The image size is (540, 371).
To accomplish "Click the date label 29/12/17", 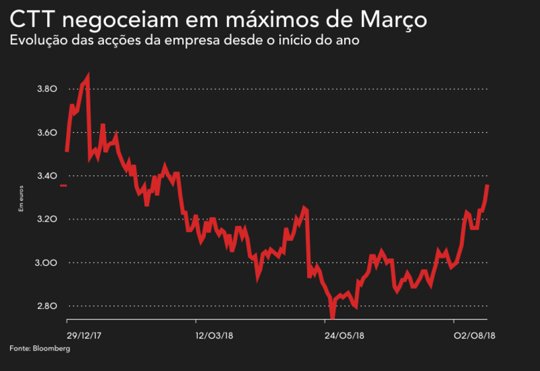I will [83, 336].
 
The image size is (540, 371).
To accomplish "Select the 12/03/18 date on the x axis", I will [213, 336].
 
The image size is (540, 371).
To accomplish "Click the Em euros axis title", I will [21, 199].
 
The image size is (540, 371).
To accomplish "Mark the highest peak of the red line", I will [87, 76].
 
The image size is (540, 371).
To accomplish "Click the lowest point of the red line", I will [332, 316].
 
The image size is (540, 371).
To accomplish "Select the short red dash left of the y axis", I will [63, 186].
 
